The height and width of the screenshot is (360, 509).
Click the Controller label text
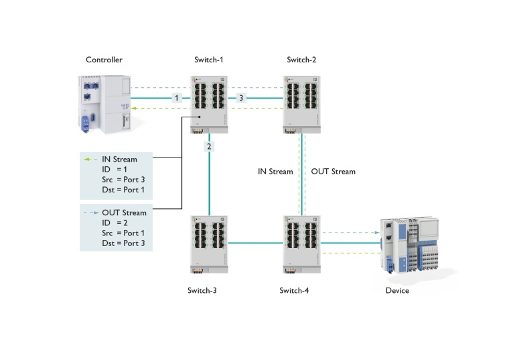pos(104,60)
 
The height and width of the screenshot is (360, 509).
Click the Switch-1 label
pos(208,60)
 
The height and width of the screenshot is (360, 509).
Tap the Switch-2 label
pos(301,60)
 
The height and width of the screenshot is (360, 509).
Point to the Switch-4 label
pos(294,291)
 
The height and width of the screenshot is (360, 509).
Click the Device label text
pos(397,291)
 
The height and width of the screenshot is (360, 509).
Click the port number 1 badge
pos(176,98)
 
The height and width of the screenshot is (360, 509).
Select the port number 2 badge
pos(209,146)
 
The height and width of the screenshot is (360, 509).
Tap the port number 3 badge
pos(241,98)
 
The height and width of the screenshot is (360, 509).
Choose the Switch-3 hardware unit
pos(209,243)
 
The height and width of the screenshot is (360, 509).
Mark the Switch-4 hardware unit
pos(301,243)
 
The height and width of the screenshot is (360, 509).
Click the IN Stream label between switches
pos(275,172)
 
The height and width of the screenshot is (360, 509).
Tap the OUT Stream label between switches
pos(334,172)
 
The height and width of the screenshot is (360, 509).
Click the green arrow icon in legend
pos(91,160)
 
